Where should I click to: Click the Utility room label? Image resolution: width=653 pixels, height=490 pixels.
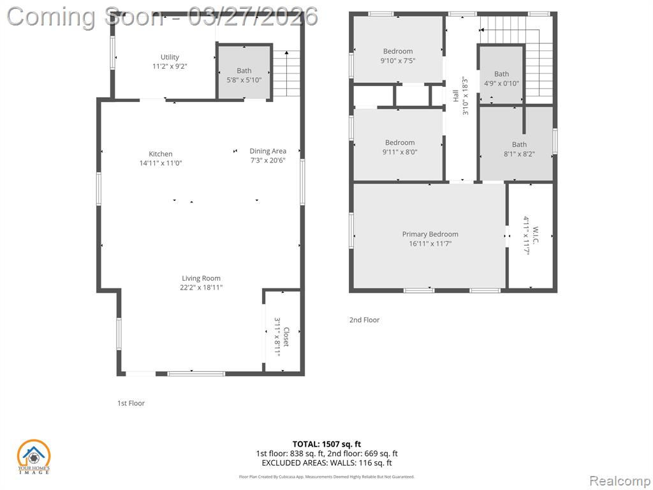[170, 57]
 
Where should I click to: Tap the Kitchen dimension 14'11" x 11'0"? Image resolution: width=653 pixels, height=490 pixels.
[161, 163]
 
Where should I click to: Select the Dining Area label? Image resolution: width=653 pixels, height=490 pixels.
[268, 151]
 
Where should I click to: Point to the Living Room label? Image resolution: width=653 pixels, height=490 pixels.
[201, 278]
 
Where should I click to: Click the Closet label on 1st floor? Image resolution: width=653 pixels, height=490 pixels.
[286, 337]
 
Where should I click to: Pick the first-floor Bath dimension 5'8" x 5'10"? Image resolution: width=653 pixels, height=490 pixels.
[244, 80]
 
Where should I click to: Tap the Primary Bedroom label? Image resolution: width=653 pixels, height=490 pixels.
[430, 234]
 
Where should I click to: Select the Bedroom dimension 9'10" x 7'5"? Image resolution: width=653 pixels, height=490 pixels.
[398, 61]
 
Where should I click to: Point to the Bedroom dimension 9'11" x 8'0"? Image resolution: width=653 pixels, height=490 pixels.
[400, 152]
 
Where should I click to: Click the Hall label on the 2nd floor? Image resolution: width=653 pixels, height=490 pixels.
[455, 96]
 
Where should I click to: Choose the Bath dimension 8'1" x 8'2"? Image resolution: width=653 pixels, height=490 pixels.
[519, 154]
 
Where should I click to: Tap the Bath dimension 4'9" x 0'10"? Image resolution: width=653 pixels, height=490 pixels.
[501, 84]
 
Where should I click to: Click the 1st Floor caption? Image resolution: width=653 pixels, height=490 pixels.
[131, 403]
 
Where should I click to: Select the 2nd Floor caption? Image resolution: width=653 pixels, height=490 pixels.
[364, 320]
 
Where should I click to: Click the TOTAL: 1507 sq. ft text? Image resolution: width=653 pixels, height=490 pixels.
[326, 444]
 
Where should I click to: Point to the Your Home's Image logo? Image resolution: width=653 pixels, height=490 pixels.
[33, 457]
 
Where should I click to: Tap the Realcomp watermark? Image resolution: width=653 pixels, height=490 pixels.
[619, 480]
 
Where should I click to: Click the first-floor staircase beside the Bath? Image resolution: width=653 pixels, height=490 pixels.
[286, 73]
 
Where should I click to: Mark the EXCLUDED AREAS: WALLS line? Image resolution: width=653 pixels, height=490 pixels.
[326, 463]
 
